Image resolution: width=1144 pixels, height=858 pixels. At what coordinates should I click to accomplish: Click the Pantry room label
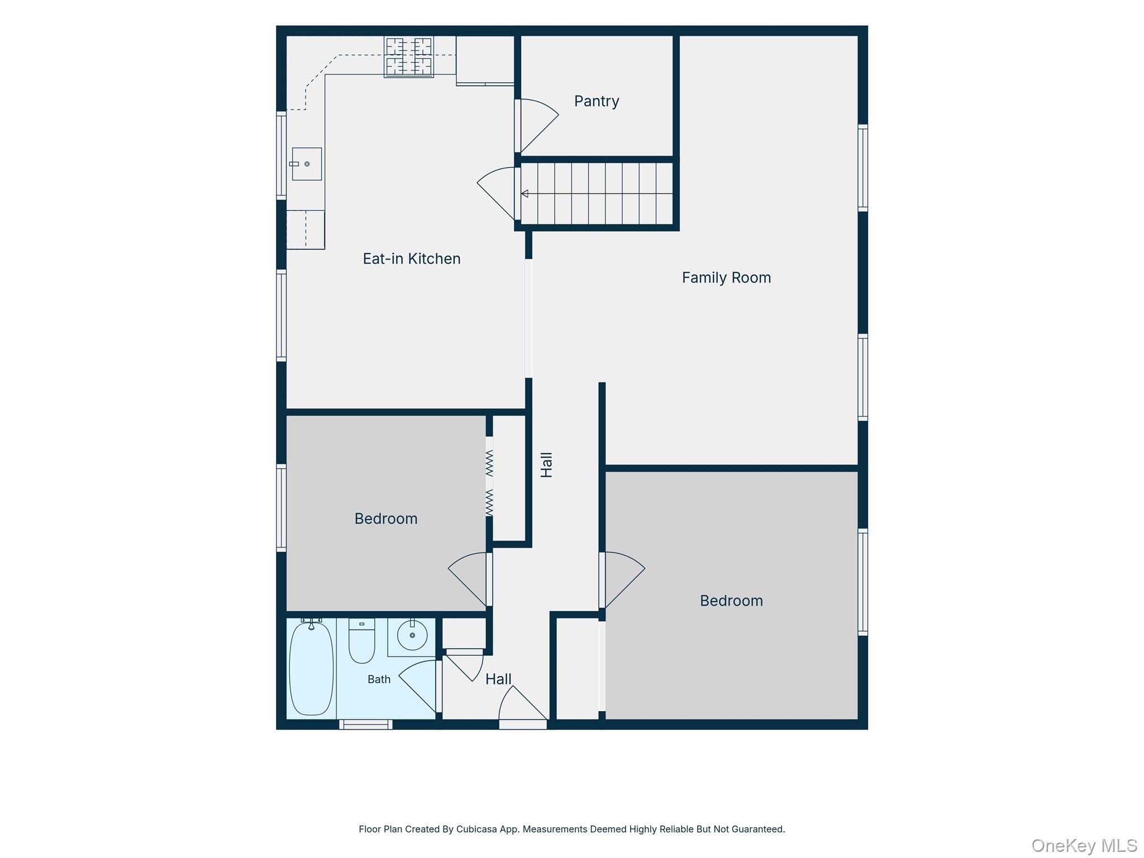point(597,101)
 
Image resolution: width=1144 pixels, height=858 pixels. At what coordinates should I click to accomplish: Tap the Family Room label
point(726,278)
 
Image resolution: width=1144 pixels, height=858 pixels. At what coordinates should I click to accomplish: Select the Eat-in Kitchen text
point(412,259)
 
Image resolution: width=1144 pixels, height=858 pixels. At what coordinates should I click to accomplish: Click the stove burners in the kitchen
point(409,56)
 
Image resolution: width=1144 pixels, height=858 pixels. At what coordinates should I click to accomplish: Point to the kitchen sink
point(307,164)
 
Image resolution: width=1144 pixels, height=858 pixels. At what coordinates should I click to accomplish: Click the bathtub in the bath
point(311,668)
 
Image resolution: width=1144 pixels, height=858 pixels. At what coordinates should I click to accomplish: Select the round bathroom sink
point(412,635)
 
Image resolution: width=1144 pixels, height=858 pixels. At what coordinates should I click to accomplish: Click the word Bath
point(379,679)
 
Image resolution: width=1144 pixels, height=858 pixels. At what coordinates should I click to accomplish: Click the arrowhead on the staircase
point(525,194)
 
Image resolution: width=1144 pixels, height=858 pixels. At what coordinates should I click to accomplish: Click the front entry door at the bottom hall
point(522,707)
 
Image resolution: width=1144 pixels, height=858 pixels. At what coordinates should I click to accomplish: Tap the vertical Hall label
point(546,465)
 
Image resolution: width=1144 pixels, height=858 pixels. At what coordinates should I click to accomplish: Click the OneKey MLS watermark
point(1084,846)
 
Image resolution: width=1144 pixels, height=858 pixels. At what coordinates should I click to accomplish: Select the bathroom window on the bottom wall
point(365,724)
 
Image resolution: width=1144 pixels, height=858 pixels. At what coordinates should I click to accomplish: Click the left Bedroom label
point(386,518)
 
